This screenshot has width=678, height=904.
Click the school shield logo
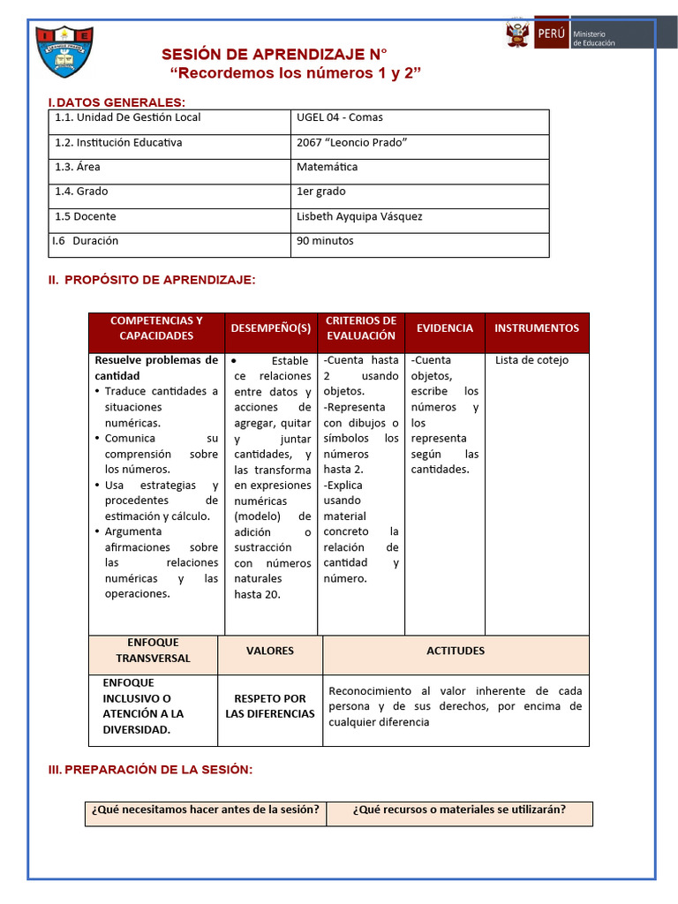coord(65,51)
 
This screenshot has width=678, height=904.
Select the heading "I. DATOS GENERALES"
coord(117,102)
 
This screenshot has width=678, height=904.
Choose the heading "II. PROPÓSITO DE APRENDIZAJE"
coord(152,280)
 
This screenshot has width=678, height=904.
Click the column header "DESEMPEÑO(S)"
coord(271,328)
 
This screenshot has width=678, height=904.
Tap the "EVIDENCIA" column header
coord(445,328)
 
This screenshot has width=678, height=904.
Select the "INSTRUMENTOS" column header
coord(537,328)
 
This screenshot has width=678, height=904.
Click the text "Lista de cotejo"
coord(532,360)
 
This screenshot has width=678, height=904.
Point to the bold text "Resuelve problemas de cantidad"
coord(156,368)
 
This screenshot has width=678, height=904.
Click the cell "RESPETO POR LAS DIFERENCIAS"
coord(270,706)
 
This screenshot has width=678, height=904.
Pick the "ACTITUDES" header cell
coord(456,652)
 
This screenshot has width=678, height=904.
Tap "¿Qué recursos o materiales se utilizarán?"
coord(459,810)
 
